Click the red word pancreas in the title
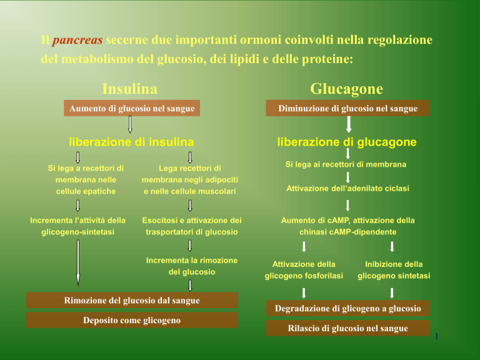(77, 40)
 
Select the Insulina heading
(130, 89)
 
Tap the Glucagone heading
(346, 89)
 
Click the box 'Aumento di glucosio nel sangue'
(132, 108)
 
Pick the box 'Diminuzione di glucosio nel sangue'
(347, 108)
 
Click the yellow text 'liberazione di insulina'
(131, 142)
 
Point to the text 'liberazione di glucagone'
(347, 142)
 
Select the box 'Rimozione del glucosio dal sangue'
(132, 300)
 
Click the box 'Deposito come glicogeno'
(132, 320)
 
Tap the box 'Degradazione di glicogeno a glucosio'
(347, 308)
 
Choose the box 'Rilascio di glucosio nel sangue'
(347, 328)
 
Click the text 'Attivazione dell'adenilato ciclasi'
(347, 188)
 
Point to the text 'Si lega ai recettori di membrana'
(346, 164)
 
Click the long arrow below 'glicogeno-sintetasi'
(78, 262)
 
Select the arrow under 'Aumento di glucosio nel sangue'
(130, 124)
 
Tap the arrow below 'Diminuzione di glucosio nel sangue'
(349, 124)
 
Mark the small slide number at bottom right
(436, 336)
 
